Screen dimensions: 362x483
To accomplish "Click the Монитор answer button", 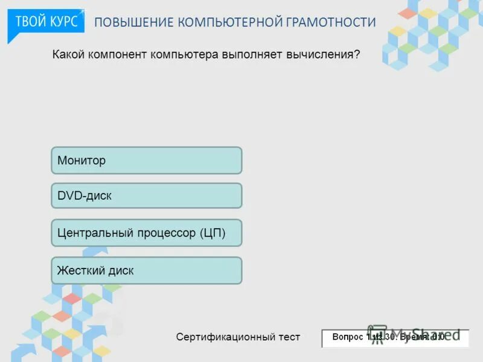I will click(146, 160).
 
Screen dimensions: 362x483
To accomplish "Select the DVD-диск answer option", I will click(146, 196).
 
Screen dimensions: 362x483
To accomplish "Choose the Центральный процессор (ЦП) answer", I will click(146, 233).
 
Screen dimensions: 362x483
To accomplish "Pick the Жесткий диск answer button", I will click(146, 271).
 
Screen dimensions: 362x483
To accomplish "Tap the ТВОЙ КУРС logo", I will click(46, 22).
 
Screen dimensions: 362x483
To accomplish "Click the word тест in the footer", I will click(286, 337).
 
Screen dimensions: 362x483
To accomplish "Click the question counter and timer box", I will click(395, 338).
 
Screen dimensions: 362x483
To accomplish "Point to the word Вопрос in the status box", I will click(348, 337).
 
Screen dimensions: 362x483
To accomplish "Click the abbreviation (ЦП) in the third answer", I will click(212, 233).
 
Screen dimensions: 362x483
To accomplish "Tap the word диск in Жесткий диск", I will click(121, 271).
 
